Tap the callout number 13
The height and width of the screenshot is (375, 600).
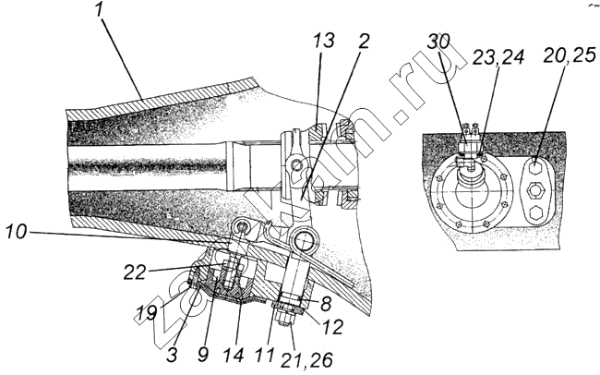tap(324, 40)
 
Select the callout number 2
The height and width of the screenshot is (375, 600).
tap(363, 41)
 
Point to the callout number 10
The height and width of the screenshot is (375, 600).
tap(17, 233)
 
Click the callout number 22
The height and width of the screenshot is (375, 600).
tap(135, 272)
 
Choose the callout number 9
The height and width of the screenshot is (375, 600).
tap(204, 355)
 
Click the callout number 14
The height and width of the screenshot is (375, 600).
tap(234, 355)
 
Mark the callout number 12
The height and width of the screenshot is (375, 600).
tap(332, 327)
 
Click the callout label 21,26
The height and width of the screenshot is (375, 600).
tap(306, 359)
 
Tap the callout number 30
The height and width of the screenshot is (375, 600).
tap(438, 42)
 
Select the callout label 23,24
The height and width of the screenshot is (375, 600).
tap(498, 57)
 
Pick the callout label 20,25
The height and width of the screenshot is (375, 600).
tap(570, 56)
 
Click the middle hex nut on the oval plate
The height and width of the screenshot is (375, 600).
tap(535, 189)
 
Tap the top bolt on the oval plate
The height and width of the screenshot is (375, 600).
tap(535, 167)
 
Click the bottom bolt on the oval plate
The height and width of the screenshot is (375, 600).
tap(535, 212)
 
